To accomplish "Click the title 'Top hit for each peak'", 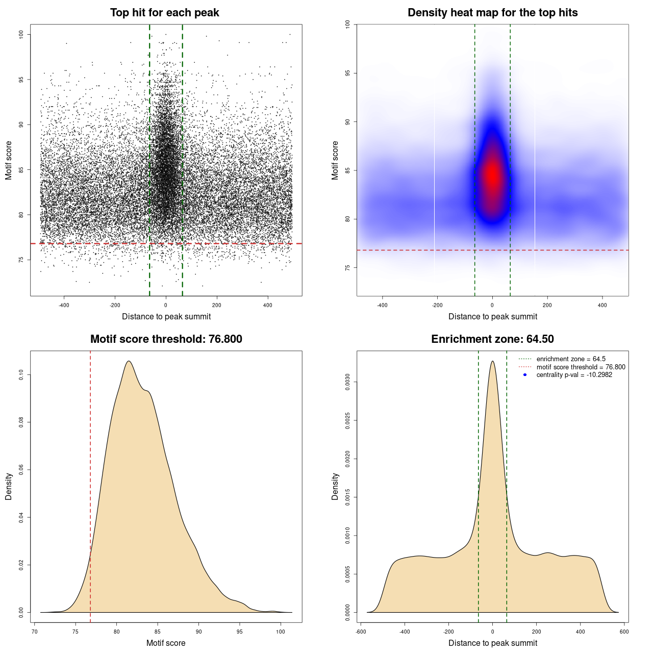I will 165,13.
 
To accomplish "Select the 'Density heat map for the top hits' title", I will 492,13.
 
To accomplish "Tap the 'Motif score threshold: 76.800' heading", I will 166,339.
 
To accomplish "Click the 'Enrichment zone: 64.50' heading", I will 492,339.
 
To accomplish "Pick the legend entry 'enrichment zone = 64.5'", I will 571,359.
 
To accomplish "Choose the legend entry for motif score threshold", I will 581,367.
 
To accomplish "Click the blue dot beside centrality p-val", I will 525,375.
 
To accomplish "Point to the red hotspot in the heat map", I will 492,174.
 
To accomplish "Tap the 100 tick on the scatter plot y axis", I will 21,34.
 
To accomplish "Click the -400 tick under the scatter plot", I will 64,305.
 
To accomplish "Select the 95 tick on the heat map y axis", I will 348,73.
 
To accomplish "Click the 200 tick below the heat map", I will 547,305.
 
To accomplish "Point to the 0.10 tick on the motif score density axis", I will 21,375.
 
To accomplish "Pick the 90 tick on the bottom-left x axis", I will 199,632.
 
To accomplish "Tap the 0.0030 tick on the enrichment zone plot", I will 348,382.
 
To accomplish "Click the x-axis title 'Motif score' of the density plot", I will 166,643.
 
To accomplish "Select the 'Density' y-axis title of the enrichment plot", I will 335,486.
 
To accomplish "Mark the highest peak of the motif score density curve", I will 129,361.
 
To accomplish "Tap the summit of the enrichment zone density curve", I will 492,361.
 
